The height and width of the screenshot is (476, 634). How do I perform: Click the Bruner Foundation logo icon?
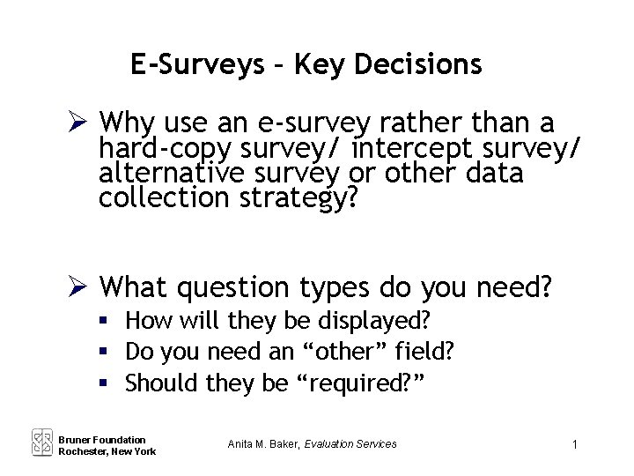point(42,442)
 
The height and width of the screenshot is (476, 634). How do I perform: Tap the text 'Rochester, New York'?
point(107,451)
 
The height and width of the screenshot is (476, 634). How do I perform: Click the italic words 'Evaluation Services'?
point(350,443)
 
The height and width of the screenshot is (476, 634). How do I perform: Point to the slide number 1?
point(574,445)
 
